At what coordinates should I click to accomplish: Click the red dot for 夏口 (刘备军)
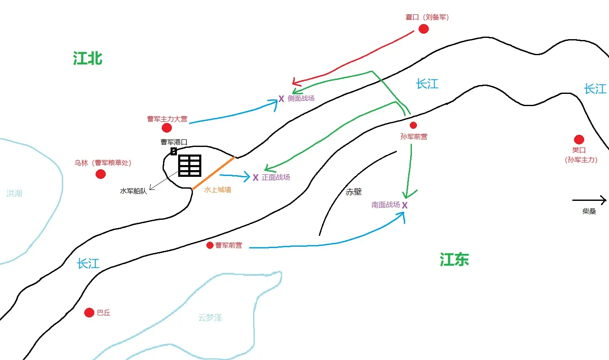tap(424, 29)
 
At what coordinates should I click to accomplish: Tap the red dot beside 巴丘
tap(89, 313)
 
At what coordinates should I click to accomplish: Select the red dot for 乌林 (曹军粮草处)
tap(101, 174)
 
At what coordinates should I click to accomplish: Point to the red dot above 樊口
tap(579, 139)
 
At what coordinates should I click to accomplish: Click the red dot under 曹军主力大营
tap(167, 128)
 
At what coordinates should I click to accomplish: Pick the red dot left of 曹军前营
tap(210, 245)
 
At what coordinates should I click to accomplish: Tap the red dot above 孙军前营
tap(413, 125)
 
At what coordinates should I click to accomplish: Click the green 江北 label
tap(88, 58)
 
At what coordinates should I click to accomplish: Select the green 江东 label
tap(454, 259)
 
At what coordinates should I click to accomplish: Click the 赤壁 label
tap(354, 192)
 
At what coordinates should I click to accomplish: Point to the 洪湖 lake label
tap(14, 193)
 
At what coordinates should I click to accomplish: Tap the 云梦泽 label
tap(210, 317)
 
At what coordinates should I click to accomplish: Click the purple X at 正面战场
tap(256, 178)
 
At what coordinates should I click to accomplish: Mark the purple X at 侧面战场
tap(281, 99)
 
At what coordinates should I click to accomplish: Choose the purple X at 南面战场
tap(405, 205)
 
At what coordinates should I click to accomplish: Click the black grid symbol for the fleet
tap(190, 166)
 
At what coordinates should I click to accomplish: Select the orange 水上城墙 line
tap(214, 173)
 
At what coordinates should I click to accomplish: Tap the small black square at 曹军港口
tap(174, 151)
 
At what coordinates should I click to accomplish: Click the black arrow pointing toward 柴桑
tap(589, 200)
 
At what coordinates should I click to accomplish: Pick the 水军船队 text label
tap(133, 191)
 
